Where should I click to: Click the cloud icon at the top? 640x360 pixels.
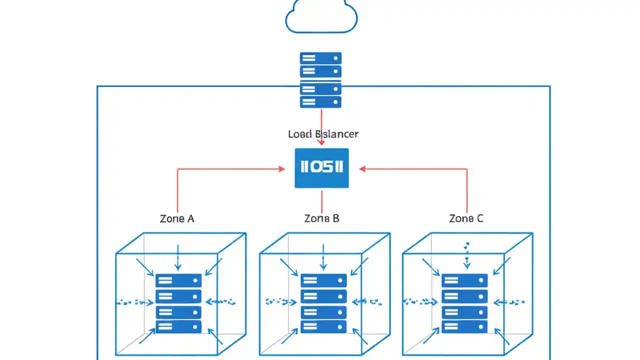click(x=321, y=17)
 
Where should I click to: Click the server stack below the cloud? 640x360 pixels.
click(x=320, y=80)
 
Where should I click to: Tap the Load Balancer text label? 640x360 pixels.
click(x=323, y=134)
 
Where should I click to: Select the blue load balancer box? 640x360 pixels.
click(x=321, y=168)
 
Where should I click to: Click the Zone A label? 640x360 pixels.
click(x=177, y=218)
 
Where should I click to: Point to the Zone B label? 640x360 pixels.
click(x=321, y=218)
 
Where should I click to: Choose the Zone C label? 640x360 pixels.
click(x=466, y=218)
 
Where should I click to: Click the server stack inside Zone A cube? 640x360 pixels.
click(x=178, y=303)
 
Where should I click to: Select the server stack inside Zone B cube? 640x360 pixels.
click(x=323, y=303)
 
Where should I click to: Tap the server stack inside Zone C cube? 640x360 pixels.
click(x=464, y=303)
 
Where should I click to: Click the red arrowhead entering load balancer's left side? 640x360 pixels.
click(x=281, y=169)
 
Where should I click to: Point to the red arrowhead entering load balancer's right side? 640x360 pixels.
click(x=362, y=169)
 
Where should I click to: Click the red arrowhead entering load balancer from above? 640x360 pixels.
click(x=321, y=142)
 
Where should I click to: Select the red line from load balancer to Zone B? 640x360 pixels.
click(x=321, y=200)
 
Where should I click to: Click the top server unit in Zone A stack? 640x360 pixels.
click(x=178, y=280)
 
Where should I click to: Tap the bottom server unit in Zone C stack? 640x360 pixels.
click(x=464, y=327)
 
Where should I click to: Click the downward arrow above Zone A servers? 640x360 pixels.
click(x=178, y=258)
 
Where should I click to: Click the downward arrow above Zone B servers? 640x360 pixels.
click(x=323, y=258)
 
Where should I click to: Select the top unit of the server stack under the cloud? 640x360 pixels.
click(x=320, y=58)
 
